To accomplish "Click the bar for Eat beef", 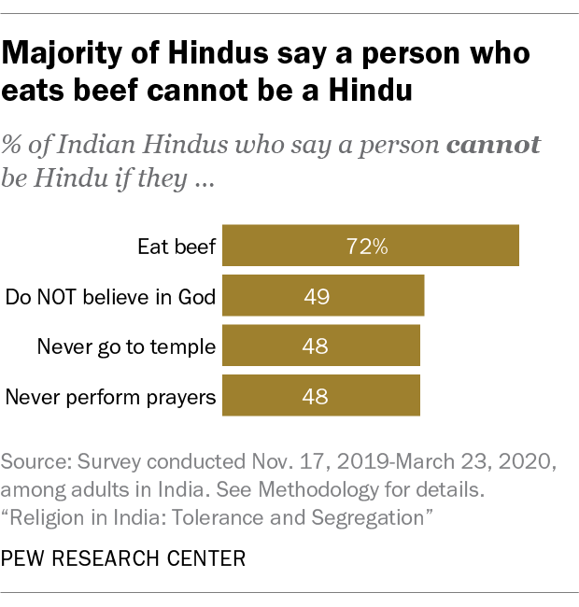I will (x=371, y=247).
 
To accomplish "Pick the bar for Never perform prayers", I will (x=321, y=397).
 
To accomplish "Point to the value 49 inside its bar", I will (x=316, y=298).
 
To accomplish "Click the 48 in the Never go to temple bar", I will (x=316, y=347).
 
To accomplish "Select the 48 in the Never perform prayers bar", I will (x=316, y=398).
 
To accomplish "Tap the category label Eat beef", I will (x=177, y=247).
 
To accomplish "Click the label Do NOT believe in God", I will (x=111, y=298).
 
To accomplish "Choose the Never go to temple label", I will (x=126, y=347).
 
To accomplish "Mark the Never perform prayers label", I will (x=111, y=398).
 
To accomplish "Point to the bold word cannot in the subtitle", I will (x=495, y=147).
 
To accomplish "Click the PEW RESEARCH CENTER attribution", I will (x=124, y=558).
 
